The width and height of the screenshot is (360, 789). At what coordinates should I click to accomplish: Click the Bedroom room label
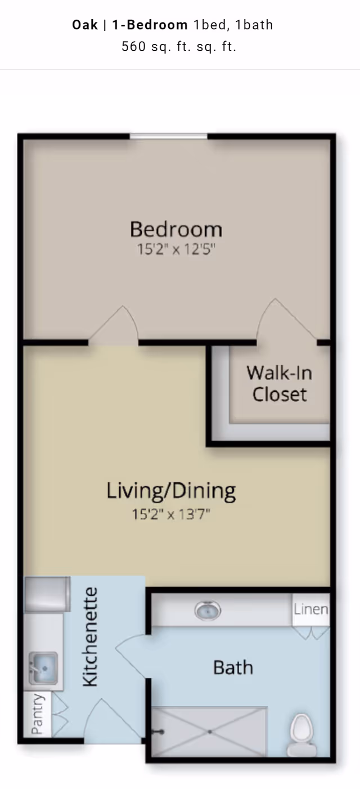tap(176, 229)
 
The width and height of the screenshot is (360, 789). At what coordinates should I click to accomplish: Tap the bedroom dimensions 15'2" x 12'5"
tap(176, 250)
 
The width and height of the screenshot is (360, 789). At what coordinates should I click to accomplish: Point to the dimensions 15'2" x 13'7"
tap(171, 514)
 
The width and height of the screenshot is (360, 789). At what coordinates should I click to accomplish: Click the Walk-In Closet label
tap(280, 384)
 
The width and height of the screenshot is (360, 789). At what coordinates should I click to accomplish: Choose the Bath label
tap(233, 667)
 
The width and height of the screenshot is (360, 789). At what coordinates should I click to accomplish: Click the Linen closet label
tap(311, 609)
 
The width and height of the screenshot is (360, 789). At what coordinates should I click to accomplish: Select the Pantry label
tap(37, 714)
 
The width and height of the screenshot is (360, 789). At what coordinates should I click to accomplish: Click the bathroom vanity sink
tap(208, 611)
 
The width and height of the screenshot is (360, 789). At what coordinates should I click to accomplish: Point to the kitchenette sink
tap(43, 668)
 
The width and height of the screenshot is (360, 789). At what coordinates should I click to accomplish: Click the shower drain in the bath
tap(210, 732)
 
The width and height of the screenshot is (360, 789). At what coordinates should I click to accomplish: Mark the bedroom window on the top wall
tap(169, 136)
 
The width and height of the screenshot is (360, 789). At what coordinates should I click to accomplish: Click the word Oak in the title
tap(85, 25)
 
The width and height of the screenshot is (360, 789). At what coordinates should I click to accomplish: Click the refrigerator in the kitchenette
tap(47, 594)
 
